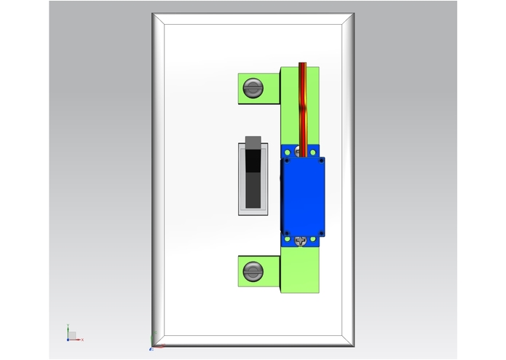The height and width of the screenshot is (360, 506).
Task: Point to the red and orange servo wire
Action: [304, 102]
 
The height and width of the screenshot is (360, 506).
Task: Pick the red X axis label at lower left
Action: [82, 340]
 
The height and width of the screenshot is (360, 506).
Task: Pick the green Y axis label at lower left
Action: [67, 326]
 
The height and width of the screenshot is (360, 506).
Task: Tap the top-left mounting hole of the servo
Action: [288, 152]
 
